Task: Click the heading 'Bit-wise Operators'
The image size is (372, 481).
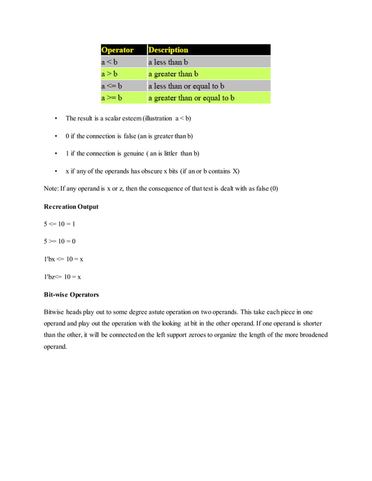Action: tap(71, 294)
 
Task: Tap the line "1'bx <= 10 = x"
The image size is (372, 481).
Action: tap(64, 259)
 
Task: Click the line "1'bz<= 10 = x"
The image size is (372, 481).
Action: tap(62, 277)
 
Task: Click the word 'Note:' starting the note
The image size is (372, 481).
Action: tap(51, 189)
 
